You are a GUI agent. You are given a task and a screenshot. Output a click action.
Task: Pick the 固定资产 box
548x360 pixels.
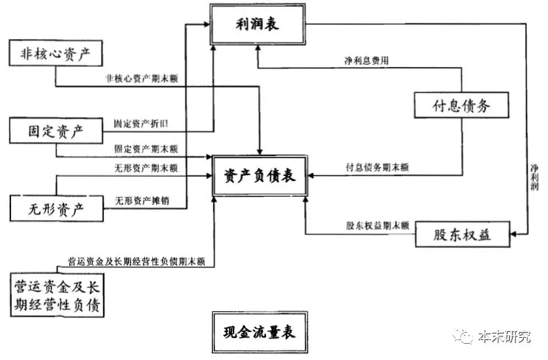(56, 133)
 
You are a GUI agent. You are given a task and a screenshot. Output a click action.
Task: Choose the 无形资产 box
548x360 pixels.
(56, 209)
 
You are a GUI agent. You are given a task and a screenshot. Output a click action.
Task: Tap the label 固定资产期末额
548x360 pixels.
(146, 149)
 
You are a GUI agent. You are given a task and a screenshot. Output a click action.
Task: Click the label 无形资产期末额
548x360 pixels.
(146, 168)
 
